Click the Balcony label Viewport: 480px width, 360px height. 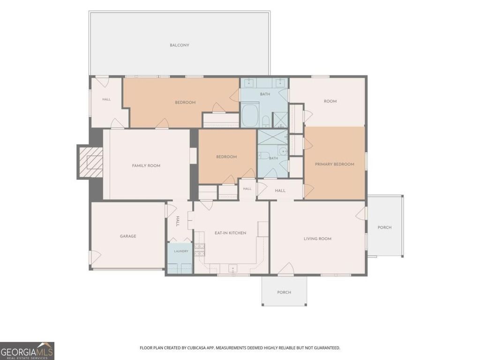(180, 45)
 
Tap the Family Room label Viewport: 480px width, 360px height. (146, 165)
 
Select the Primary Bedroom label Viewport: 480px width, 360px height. (335, 164)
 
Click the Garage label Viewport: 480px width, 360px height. (128, 236)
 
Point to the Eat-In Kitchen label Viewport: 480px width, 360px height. (230, 233)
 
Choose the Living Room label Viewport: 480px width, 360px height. (317, 239)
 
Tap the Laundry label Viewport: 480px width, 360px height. (181, 251)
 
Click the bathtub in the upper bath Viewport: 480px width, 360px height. (251, 116)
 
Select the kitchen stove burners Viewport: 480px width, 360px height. (200, 250)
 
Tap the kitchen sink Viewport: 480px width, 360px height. (232, 269)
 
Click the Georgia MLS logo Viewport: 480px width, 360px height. (27, 351)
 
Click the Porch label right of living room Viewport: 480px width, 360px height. (384, 227)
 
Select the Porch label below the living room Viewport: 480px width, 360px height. (284, 292)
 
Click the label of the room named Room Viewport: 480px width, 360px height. (330, 101)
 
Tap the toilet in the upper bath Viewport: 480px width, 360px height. (266, 121)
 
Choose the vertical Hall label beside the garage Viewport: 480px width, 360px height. (178, 221)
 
